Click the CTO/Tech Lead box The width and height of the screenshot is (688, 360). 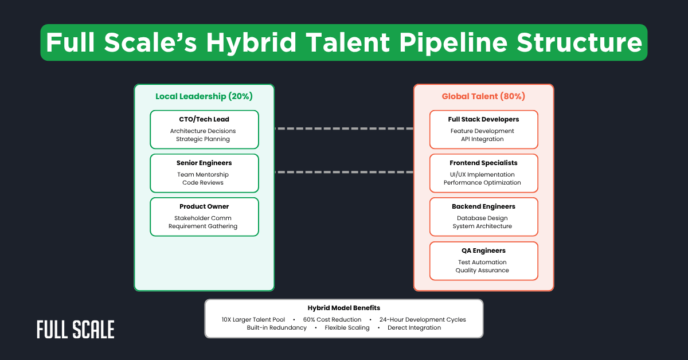pyautogui.click(x=204, y=130)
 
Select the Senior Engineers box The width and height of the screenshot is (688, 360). pyautogui.click(x=204, y=173)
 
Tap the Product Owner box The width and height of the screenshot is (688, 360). pyautogui.click(x=204, y=217)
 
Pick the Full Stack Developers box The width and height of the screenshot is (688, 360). pyautogui.click(x=483, y=130)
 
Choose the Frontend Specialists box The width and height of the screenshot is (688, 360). pyautogui.click(x=483, y=173)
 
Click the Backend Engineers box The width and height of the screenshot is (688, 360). pyautogui.click(x=483, y=217)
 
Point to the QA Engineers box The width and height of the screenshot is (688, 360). pyautogui.click(x=483, y=261)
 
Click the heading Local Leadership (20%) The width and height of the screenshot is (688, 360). pyautogui.click(x=204, y=97)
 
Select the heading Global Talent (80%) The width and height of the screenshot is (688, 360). pyautogui.click(x=483, y=97)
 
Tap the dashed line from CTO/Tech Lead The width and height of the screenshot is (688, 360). pyautogui.click(x=344, y=128)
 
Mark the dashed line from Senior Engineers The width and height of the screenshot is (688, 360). pyautogui.click(x=344, y=172)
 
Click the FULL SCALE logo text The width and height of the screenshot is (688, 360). pyautogui.click(x=76, y=330)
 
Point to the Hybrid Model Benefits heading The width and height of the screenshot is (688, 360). pyautogui.click(x=343, y=308)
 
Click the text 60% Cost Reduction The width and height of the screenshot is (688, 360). pyautogui.click(x=333, y=319)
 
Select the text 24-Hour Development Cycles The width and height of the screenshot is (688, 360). pyautogui.click(x=423, y=319)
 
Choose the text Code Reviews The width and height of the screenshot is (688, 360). pyautogui.click(x=203, y=183)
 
